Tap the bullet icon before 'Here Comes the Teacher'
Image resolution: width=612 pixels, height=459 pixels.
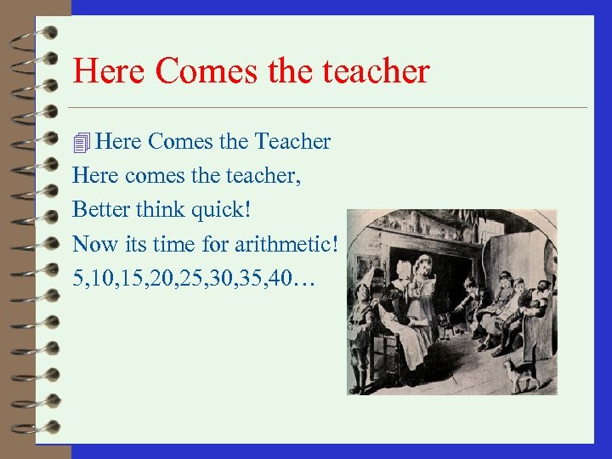pos(82,143)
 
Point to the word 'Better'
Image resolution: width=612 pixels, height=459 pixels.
pos(99,210)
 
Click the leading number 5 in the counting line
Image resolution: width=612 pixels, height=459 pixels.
pos(78,280)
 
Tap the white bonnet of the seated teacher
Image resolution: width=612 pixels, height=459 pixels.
pos(402,269)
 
